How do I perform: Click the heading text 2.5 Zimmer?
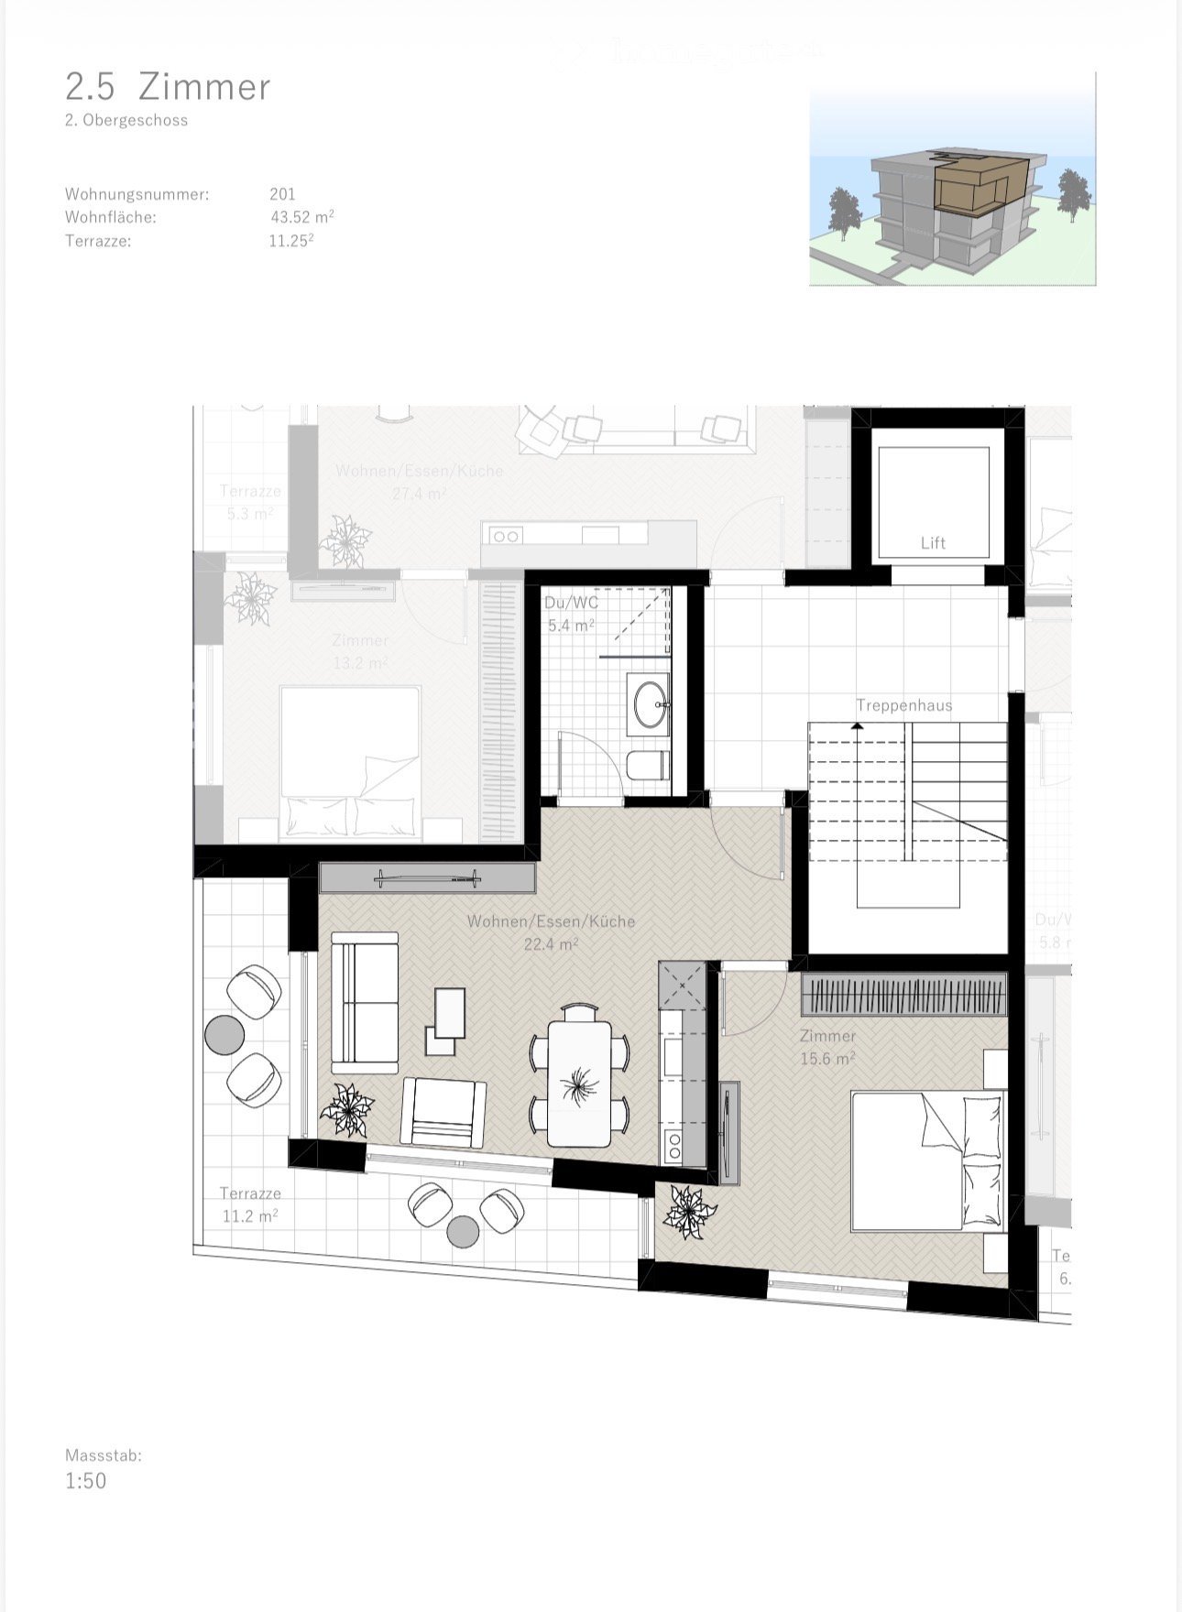[x=168, y=87]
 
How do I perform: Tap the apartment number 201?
[x=282, y=194]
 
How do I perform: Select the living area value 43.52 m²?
[x=301, y=218]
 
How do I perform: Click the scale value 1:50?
[x=85, y=1481]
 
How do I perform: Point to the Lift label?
[x=933, y=543]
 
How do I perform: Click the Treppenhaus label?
[x=903, y=705]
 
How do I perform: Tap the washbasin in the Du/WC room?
[x=649, y=704]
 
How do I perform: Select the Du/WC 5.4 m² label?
[x=571, y=615]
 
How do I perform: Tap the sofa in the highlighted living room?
[x=365, y=1003]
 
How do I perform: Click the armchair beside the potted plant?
[x=443, y=1112]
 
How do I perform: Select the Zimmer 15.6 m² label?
[x=827, y=1047]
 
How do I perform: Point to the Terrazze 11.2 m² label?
[x=250, y=1204]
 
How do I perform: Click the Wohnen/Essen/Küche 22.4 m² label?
[x=551, y=932]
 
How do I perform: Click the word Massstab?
[x=103, y=1454]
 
